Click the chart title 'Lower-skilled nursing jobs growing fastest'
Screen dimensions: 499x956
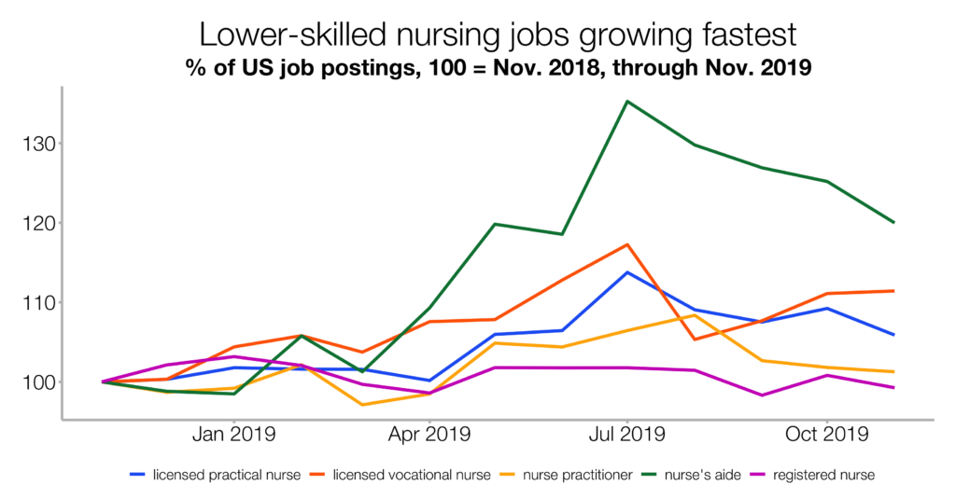pos(498,35)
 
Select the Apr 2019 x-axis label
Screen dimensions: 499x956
pos(429,435)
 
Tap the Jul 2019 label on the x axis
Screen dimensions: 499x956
pos(626,435)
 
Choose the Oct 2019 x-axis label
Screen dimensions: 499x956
pos(827,435)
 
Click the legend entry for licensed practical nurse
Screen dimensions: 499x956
pos(215,475)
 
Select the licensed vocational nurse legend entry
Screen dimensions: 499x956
pos(401,475)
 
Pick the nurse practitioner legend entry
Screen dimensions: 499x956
pos(571,475)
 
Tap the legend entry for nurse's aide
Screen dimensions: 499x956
pos(700,475)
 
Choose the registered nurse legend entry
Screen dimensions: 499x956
pos(822,475)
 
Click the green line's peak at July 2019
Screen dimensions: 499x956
pos(626,101)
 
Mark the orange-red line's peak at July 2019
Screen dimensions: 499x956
pos(627,244)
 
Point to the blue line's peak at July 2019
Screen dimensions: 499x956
pos(627,272)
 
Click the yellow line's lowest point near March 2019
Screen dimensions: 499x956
pos(362,405)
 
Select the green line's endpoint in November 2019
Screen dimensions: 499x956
pos(894,222)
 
